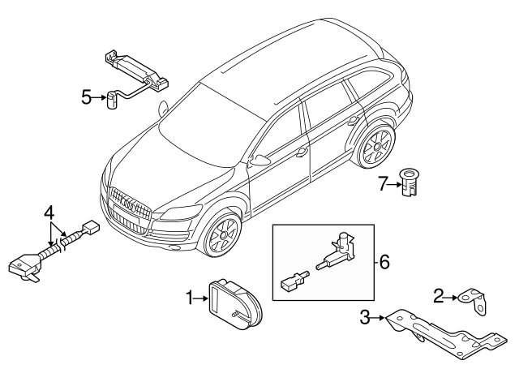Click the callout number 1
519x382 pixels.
click(x=189, y=299)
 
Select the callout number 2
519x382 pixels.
click(x=437, y=297)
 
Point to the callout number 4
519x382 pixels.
click(x=49, y=213)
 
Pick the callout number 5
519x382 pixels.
click(x=87, y=98)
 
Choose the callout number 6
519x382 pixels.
click(x=384, y=262)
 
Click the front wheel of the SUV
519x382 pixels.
click(x=219, y=238)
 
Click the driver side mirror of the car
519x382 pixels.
click(x=259, y=160)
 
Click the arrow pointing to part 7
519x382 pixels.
click(x=394, y=184)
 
